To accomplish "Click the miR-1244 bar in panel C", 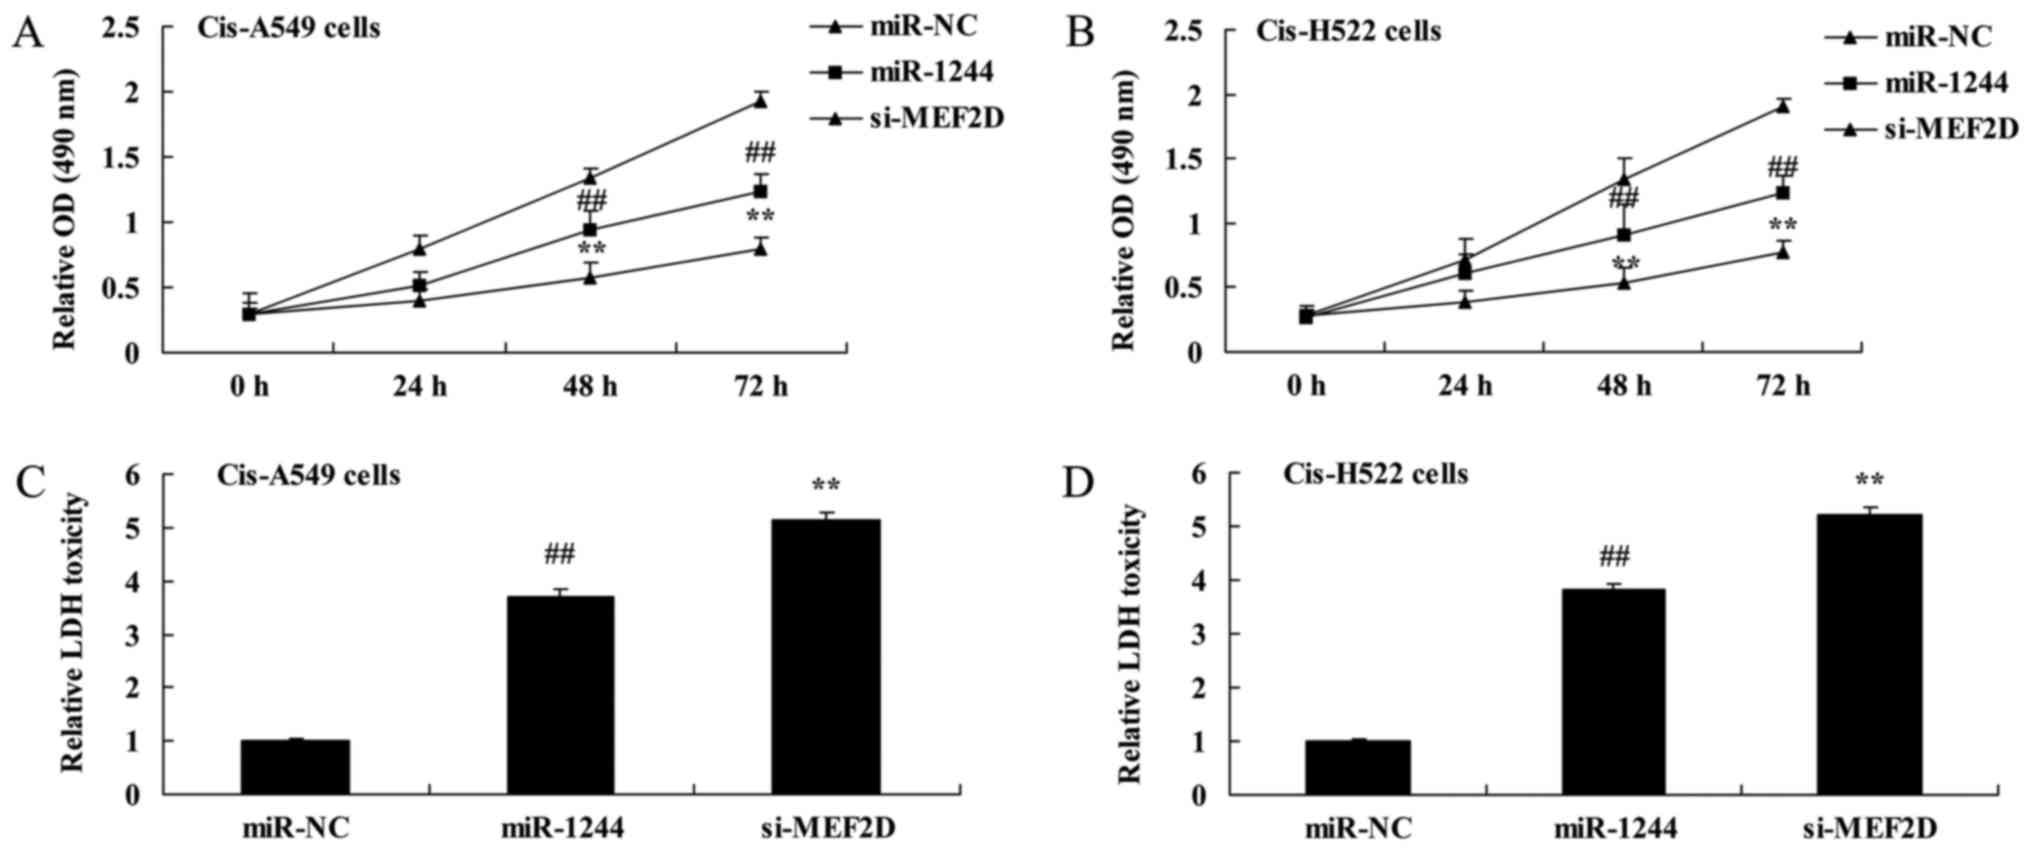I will pyautogui.click(x=560, y=695).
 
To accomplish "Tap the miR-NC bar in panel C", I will pyautogui.click(x=295, y=767).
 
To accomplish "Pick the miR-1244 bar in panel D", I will pyautogui.click(x=1611, y=691).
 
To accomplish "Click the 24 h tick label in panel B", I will pyautogui.click(x=1465, y=386).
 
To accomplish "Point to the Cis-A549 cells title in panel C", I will pyautogui.click(x=308, y=475).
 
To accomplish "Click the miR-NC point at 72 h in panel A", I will pyautogui.click(x=760, y=100).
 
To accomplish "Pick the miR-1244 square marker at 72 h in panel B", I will pyautogui.click(x=1782, y=192).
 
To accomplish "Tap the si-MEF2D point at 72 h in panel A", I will pyautogui.click(x=760, y=248).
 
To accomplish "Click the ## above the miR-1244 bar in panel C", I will pyautogui.click(x=560, y=554).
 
